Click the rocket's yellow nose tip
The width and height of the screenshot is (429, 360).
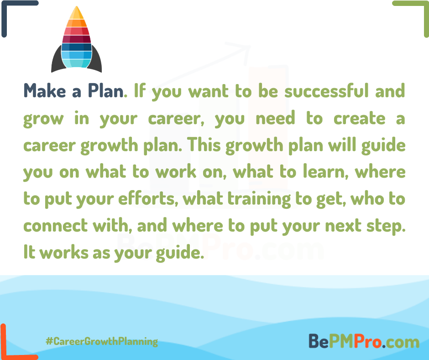pos(76,13)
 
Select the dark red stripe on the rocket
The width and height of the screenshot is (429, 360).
pos(77,39)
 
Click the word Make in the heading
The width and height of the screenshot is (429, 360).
pos(45,90)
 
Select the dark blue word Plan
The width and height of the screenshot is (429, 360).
pos(105,90)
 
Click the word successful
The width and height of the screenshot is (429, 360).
pos(327,90)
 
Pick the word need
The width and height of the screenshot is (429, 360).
pos(275,118)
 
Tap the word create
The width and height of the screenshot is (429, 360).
pos(359,118)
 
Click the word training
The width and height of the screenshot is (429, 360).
pos(259,199)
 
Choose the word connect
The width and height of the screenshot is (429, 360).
pos(56,226)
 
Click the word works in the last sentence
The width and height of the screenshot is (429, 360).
pos(64,252)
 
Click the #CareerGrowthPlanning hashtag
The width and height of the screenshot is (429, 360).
pos(102,341)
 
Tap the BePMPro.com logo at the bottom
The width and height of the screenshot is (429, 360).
pos(364,341)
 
